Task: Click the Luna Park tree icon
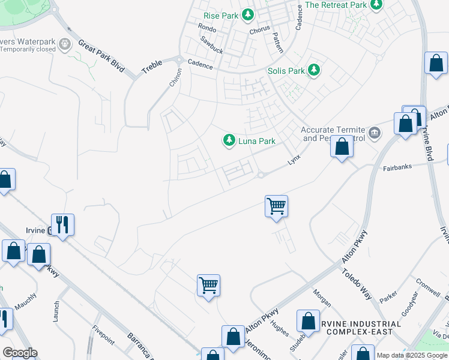pyautogui.click(x=229, y=140)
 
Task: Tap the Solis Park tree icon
pyautogui.click(x=313, y=70)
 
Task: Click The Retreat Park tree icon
pyautogui.click(x=376, y=5)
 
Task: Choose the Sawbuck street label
pyautogui.click(x=212, y=45)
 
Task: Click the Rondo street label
pyautogui.click(x=206, y=29)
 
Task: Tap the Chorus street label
pyautogui.click(x=260, y=30)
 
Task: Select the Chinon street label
pyautogui.click(x=175, y=76)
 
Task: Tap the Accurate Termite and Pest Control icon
pyautogui.click(x=374, y=132)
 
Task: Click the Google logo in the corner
pyautogui.click(x=19, y=353)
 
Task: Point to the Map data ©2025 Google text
pyautogui.click(x=412, y=355)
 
